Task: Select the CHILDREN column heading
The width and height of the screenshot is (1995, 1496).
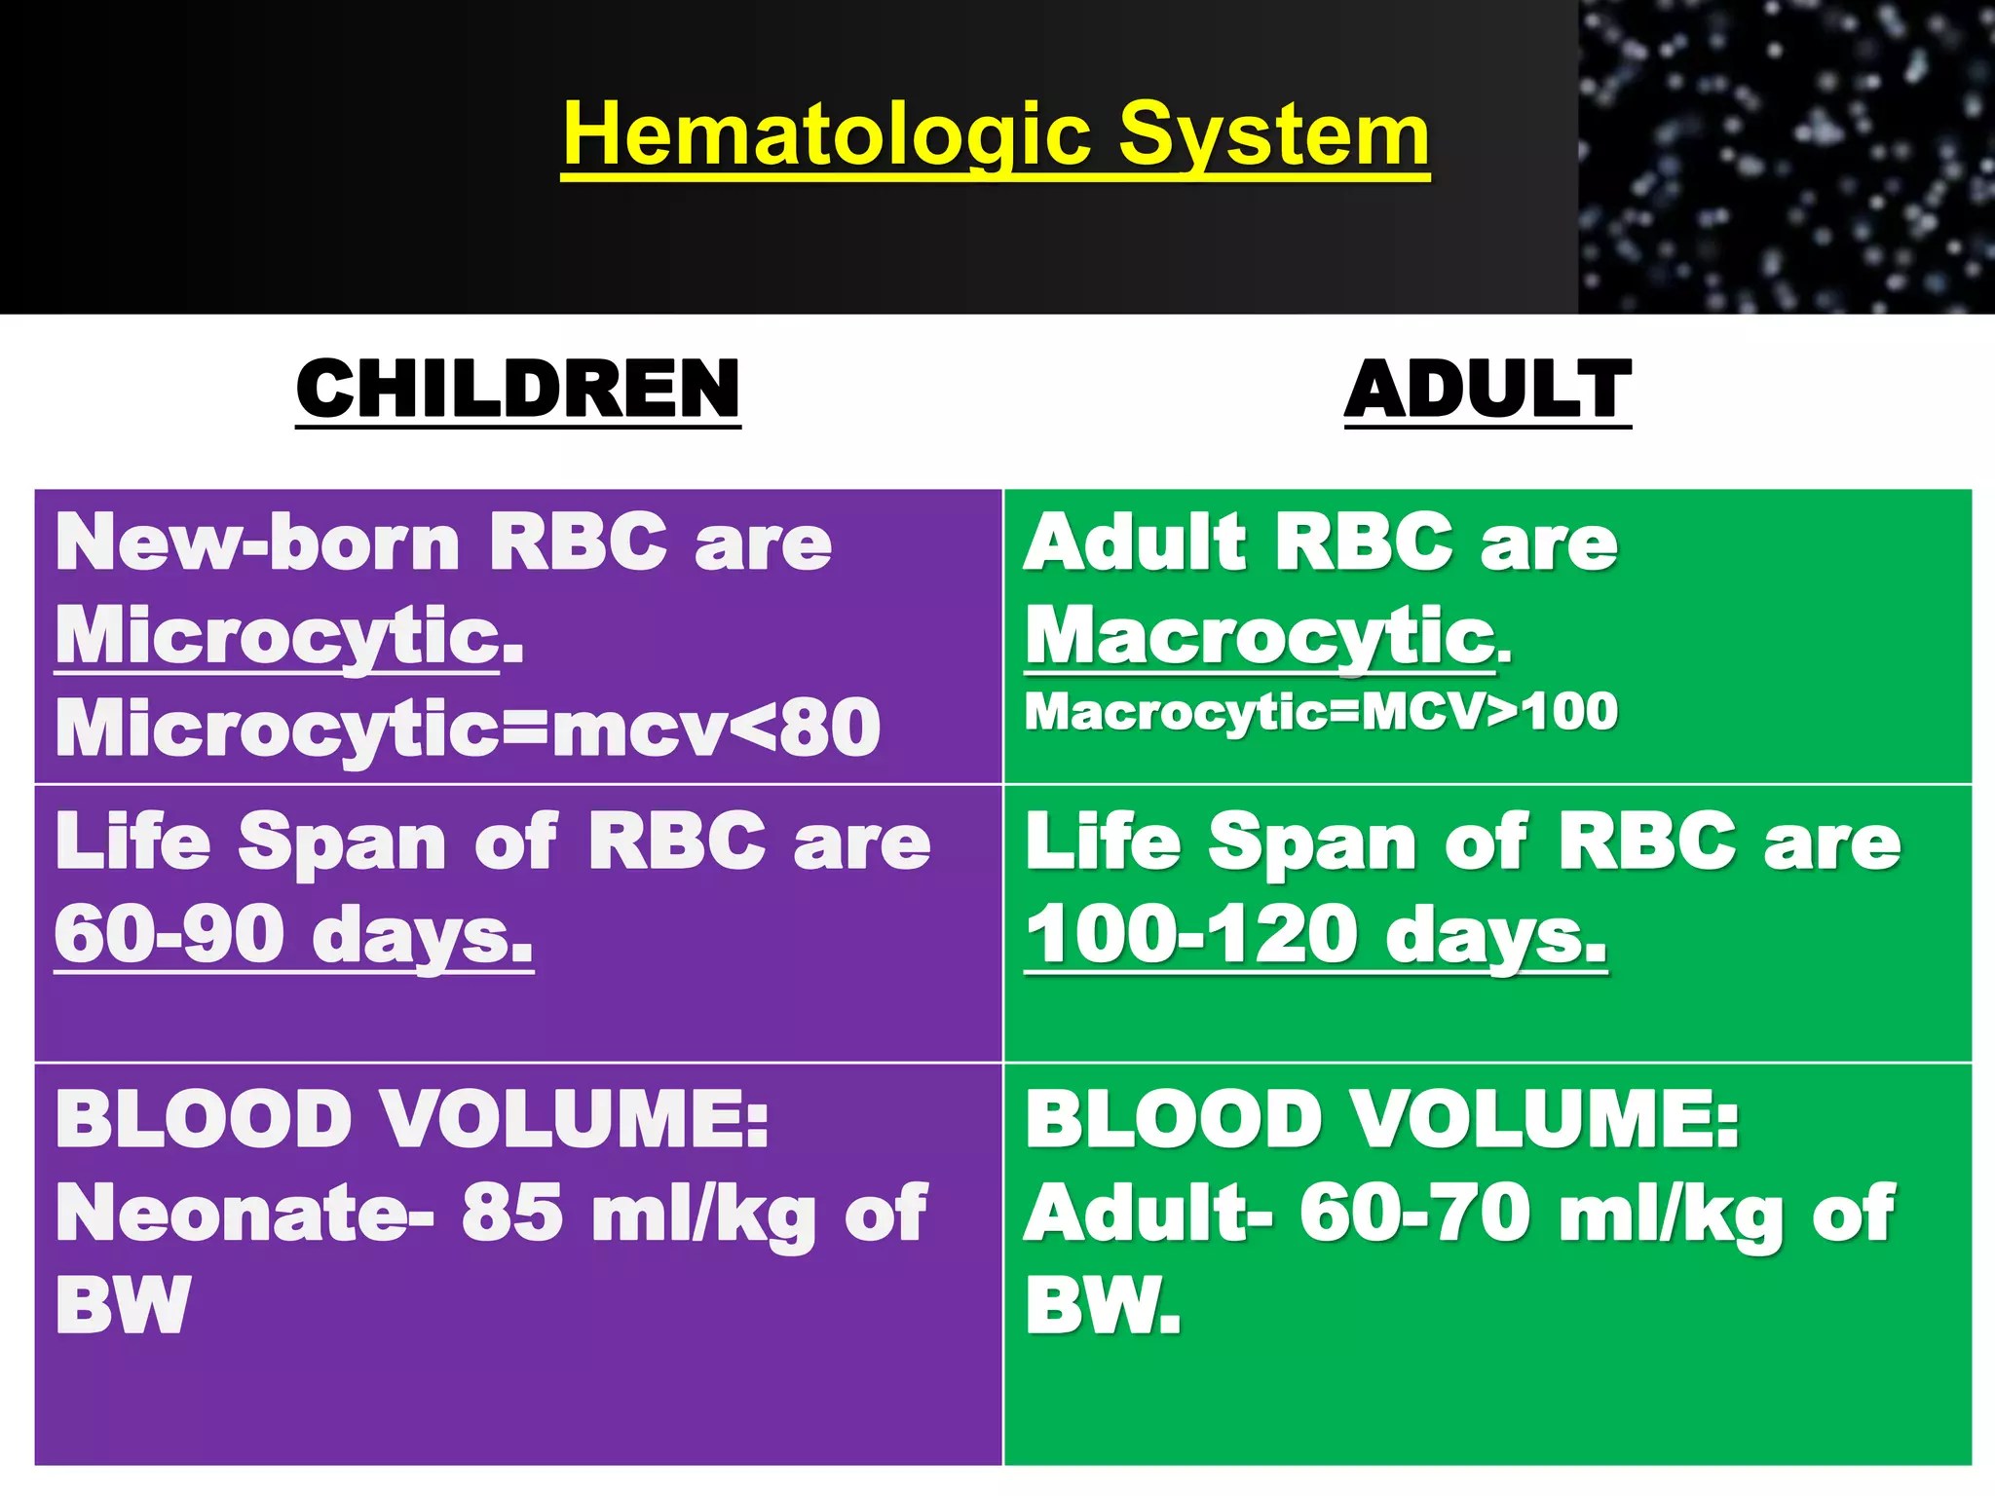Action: click(x=518, y=389)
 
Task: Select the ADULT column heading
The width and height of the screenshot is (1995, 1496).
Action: click(x=1487, y=389)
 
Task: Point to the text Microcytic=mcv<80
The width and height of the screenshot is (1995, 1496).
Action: click(x=468, y=729)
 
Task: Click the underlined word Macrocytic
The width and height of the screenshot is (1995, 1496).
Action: click(x=1261, y=635)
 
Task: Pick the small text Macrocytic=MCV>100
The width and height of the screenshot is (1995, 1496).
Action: click(x=1321, y=711)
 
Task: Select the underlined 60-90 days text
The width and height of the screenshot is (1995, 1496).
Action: click(x=293, y=935)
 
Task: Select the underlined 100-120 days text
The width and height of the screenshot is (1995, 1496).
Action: click(x=1315, y=935)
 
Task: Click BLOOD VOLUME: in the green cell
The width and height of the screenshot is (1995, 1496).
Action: click(x=1381, y=1119)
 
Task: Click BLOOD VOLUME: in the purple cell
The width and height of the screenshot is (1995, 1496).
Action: click(x=412, y=1119)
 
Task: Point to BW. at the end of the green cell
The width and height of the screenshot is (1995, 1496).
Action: click(x=1103, y=1305)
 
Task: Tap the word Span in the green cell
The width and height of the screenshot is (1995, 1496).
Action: click(x=1312, y=842)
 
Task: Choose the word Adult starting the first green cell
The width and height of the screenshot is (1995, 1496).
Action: click(x=1135, y=542)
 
